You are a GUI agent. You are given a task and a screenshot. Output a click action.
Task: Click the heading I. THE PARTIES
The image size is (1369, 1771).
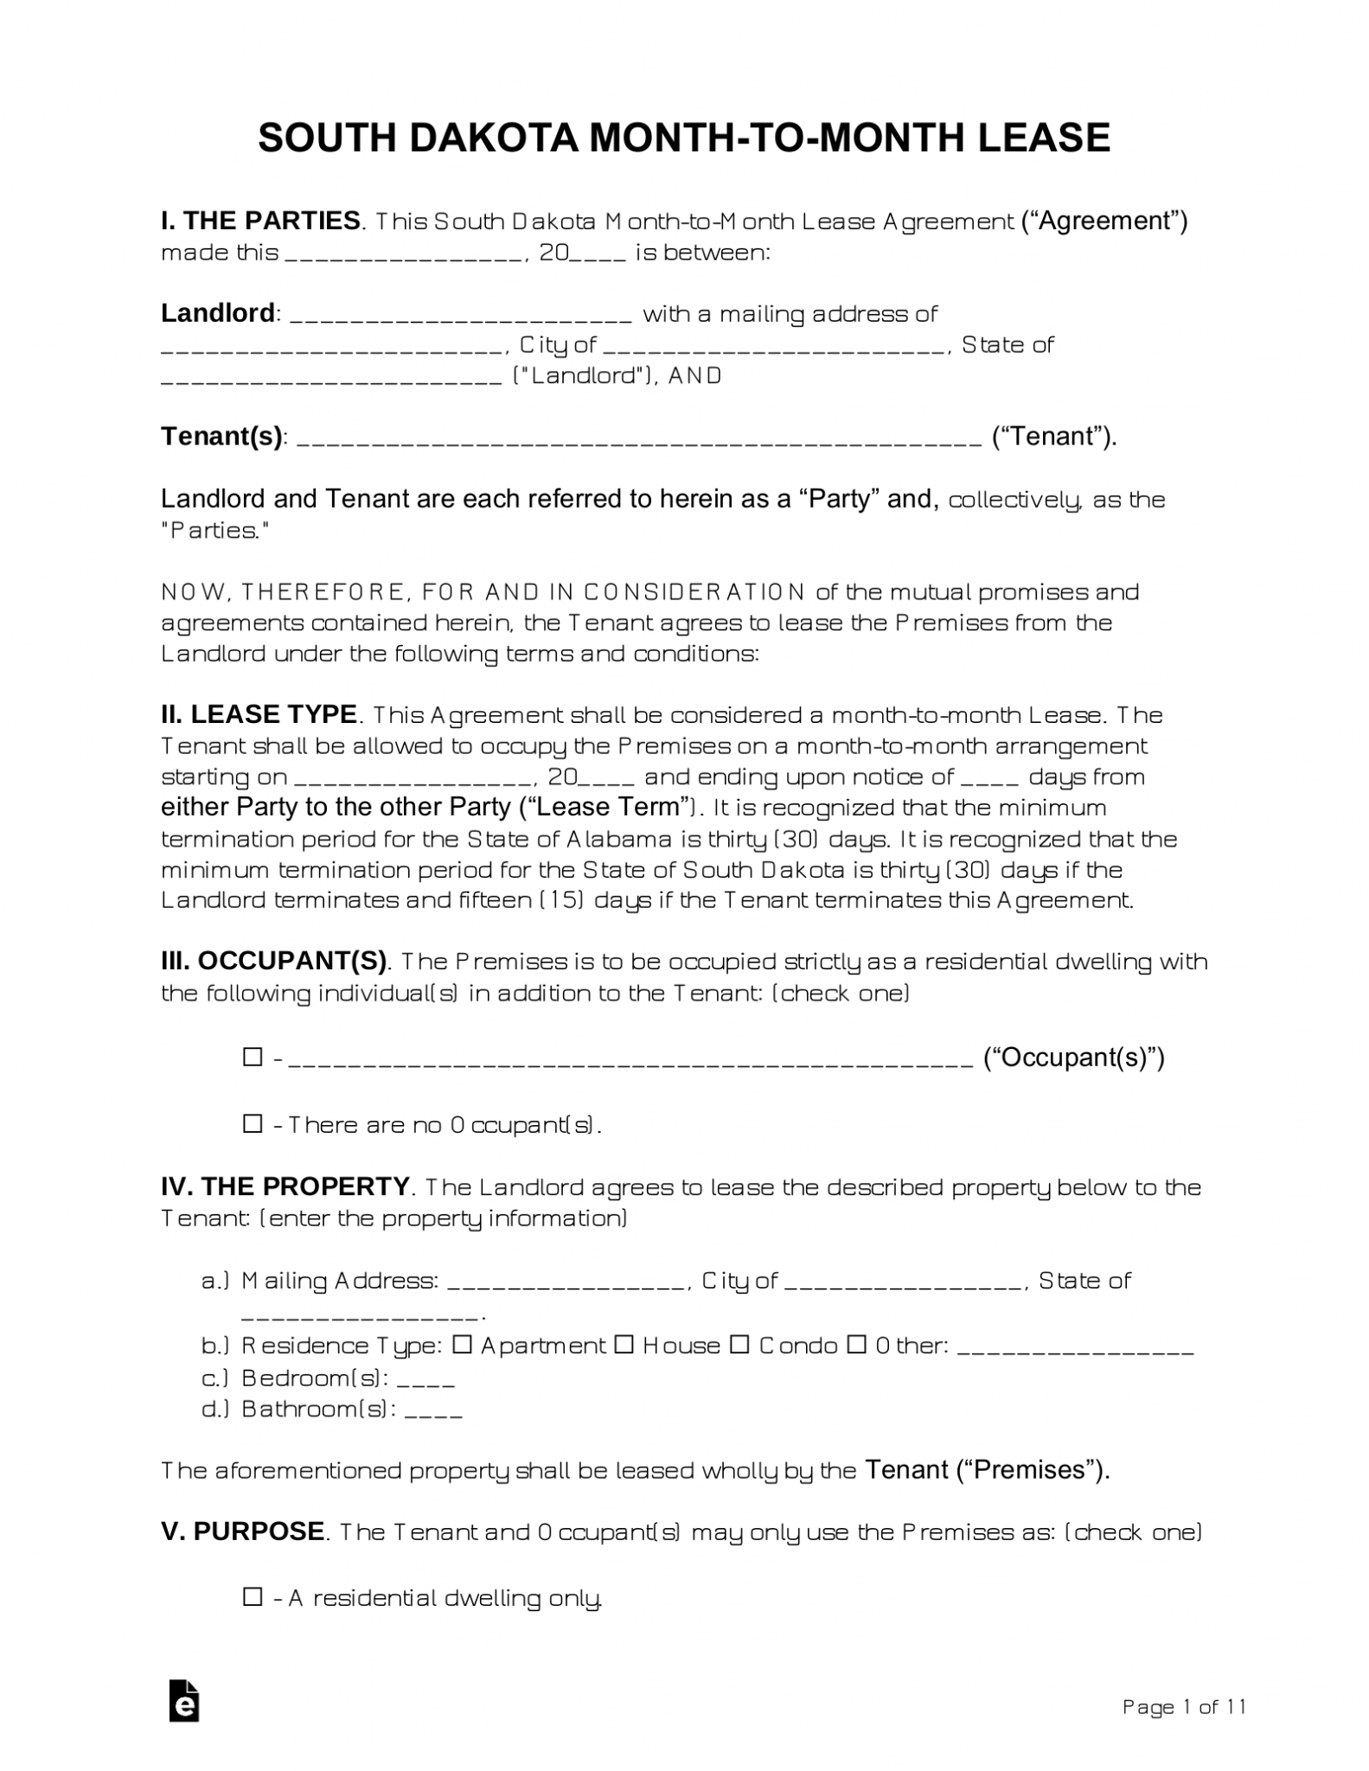pyautogui.click(x=260, y=221)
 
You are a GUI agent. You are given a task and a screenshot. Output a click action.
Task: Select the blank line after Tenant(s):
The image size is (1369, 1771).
pyautogui.click(x=639, y=438)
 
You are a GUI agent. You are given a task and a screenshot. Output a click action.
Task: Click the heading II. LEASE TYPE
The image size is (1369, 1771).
pyautogui.click(x=259, y=714)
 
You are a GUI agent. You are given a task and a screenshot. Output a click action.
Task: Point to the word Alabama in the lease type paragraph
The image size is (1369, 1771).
pyautogui.click(x=619, y=839)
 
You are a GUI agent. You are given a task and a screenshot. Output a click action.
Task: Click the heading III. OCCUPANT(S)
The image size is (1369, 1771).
pyautogui.click(x=275, y=961)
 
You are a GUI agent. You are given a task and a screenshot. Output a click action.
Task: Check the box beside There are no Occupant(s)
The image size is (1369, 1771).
pyautogui.click(x=253, y=1123)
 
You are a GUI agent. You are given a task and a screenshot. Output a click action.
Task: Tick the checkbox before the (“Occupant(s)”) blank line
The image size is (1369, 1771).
pyautogui.click(x=253, y=1057)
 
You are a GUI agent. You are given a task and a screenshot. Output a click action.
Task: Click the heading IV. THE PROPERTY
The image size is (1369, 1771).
pyautogui.click(x=285, y=1186)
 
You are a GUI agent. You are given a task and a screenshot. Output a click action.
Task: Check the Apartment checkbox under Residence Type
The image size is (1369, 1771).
pyautogui.click(x=463, y=1345)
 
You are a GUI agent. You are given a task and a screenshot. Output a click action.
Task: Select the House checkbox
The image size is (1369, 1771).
pyautogui.click(x=624, y=1345)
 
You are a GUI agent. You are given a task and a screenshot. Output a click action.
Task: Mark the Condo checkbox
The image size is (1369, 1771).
pyautogui.click(x=739, y=1345)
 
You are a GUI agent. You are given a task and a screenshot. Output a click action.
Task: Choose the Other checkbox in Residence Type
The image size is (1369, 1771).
pyautogui.click(x=856, y=1345)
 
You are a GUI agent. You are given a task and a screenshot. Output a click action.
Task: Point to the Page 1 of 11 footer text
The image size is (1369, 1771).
pyautogui.click(x=1183, y=1706)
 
